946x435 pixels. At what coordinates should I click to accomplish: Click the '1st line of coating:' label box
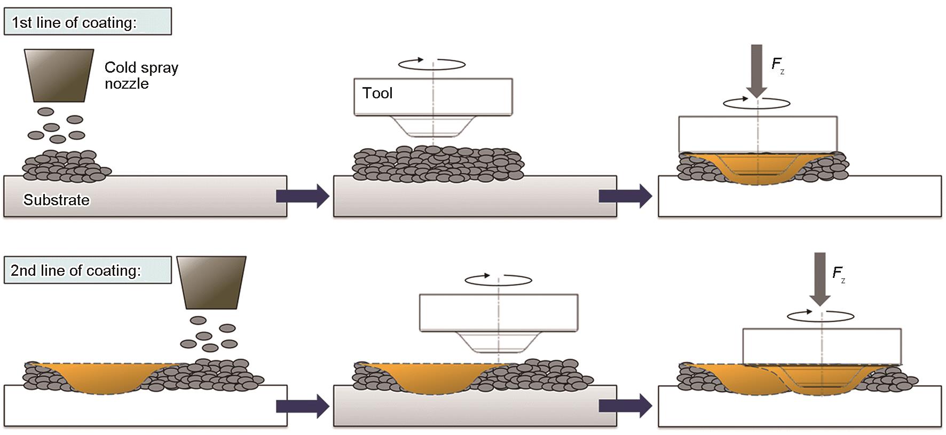tap(88, 22)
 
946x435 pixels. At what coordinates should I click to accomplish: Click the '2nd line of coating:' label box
tap(88, 270)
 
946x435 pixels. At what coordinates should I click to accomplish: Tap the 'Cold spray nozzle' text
tap(141, 75)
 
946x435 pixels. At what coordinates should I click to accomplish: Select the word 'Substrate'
tap(57, 200)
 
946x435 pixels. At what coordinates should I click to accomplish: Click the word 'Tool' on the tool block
tap(377, 94)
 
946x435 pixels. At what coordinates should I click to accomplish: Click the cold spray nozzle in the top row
tap(59, 75)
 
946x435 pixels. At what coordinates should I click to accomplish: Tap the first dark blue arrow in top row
tap(302, 196)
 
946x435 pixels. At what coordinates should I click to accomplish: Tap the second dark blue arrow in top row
tap(625, 196)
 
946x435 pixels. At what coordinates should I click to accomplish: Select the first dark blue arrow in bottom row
tap(302, 406)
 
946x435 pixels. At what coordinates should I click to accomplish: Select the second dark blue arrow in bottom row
tap(625, 406)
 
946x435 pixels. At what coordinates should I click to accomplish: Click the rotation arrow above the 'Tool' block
tap(432, 64)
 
